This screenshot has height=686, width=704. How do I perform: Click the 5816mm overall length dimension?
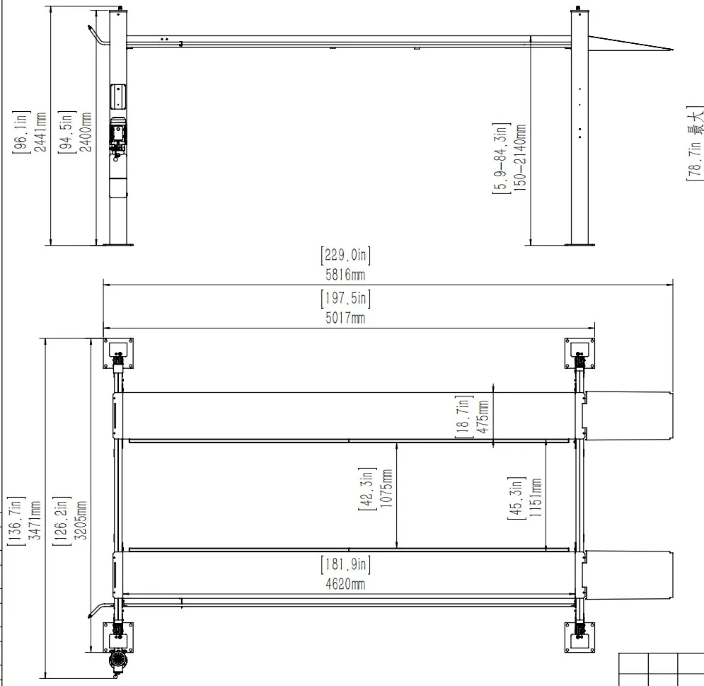point(345,275)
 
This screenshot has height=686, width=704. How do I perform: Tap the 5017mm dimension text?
point(345,318)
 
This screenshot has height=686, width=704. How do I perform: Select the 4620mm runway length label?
point(345,584)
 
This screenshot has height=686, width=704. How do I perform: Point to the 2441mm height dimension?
point(40,132)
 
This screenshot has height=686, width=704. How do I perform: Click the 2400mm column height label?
point(86,132)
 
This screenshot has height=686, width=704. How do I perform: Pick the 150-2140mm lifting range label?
point(520,158)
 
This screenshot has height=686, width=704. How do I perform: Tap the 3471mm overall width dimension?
point(35,520)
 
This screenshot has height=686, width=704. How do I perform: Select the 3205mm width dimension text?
point(81,520)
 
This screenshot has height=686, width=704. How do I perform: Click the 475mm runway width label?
point(483,417)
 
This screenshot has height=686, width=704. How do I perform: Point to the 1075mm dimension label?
point(386,488)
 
